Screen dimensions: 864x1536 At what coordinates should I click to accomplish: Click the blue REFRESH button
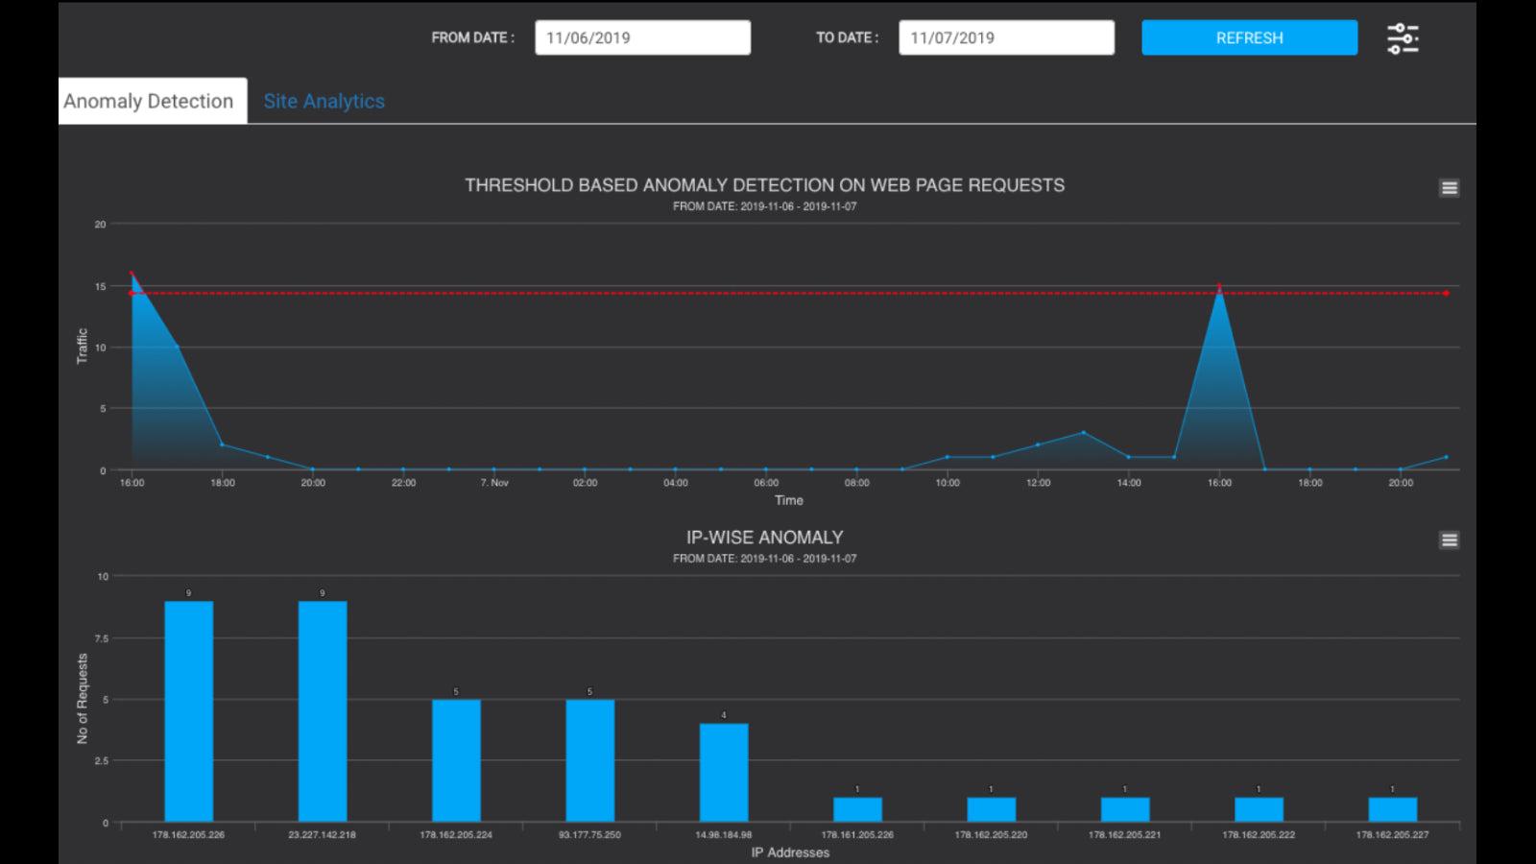tap(1249, 37)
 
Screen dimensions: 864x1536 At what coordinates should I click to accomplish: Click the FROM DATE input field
tap(642, 37)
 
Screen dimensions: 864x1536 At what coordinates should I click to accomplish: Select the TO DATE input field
tap(1006, 37)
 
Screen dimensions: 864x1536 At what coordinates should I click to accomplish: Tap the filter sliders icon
tap(1403, 38)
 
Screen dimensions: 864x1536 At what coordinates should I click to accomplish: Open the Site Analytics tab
tap(324, 101)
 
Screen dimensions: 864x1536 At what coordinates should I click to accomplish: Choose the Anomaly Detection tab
tap(149, 101)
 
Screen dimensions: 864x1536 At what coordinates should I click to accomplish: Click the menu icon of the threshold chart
tap(1450, 188)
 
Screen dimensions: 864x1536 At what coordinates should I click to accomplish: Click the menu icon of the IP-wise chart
tap(1450, 540)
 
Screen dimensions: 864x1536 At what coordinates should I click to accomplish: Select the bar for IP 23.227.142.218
tap(323, 711)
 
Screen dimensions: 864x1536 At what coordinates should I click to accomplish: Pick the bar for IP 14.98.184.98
tap(724, 773)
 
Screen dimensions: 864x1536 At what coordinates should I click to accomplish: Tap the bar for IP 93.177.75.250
tap(589, 760)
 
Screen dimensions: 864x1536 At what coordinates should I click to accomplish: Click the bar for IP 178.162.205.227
tap(1392, 809)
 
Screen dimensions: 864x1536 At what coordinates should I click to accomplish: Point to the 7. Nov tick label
tap(494, 483)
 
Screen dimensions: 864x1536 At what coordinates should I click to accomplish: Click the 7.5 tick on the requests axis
tap(103, 638)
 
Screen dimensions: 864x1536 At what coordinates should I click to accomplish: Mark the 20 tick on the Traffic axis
tap(100, 225)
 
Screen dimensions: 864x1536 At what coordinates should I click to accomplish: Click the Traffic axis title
tap(82, 346)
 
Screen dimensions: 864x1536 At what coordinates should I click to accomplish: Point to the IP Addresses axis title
tap(790, 852)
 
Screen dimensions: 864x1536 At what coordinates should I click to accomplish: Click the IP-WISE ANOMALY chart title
tap(764, 538)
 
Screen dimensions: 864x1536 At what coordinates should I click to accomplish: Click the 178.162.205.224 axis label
tap(456, 835)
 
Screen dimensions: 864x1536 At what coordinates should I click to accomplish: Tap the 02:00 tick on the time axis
tap(585, 483)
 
